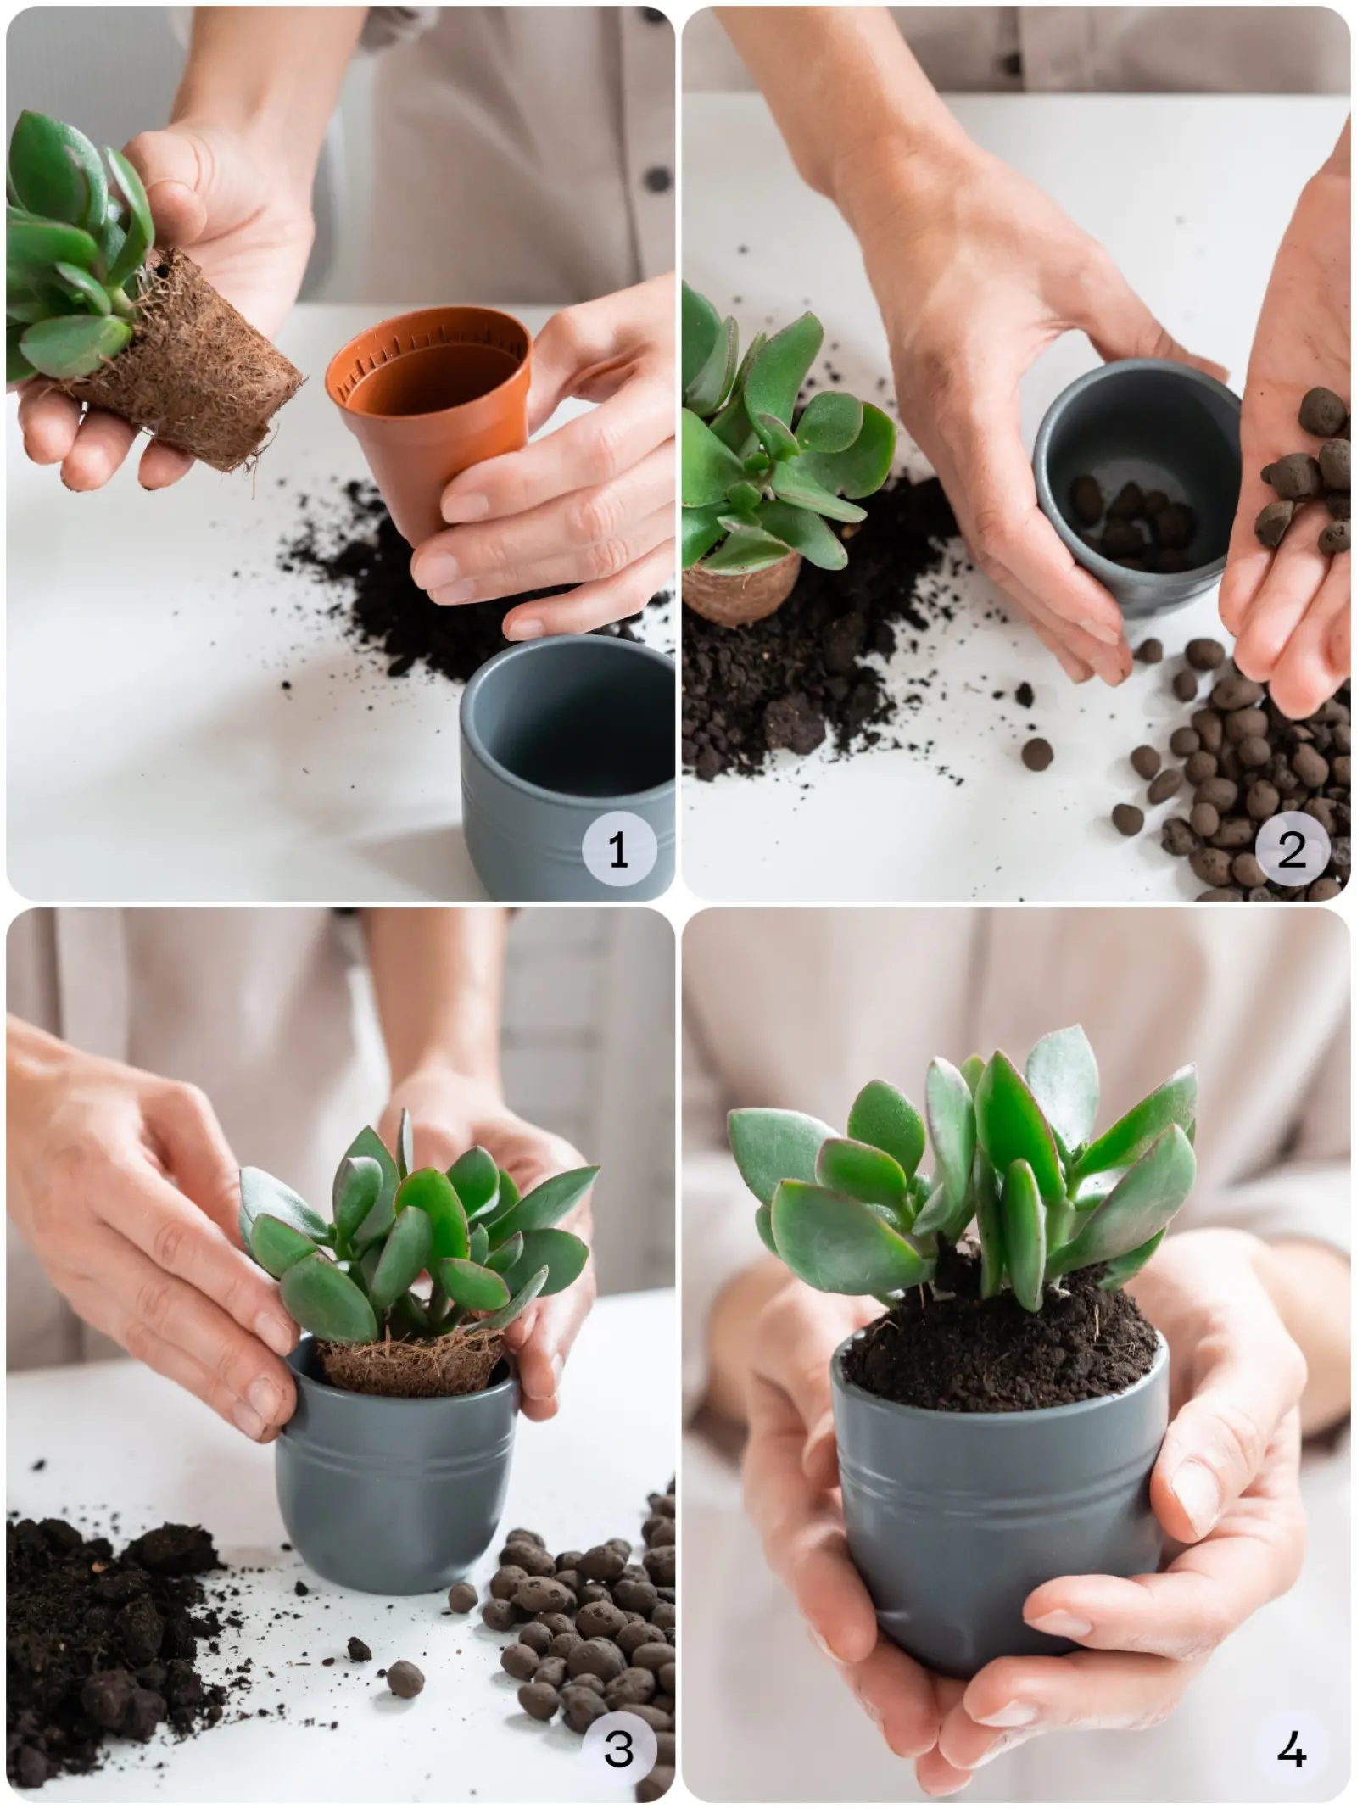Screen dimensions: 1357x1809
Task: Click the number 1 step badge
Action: tap(618, 849)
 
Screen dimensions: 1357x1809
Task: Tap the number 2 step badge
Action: tap(1291, 849)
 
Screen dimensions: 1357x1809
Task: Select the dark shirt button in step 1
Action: tap(655, 181)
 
